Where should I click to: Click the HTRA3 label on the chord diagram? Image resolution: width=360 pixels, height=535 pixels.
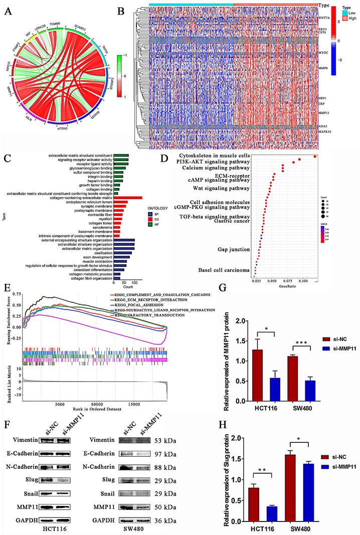click(x=62, y=128)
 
